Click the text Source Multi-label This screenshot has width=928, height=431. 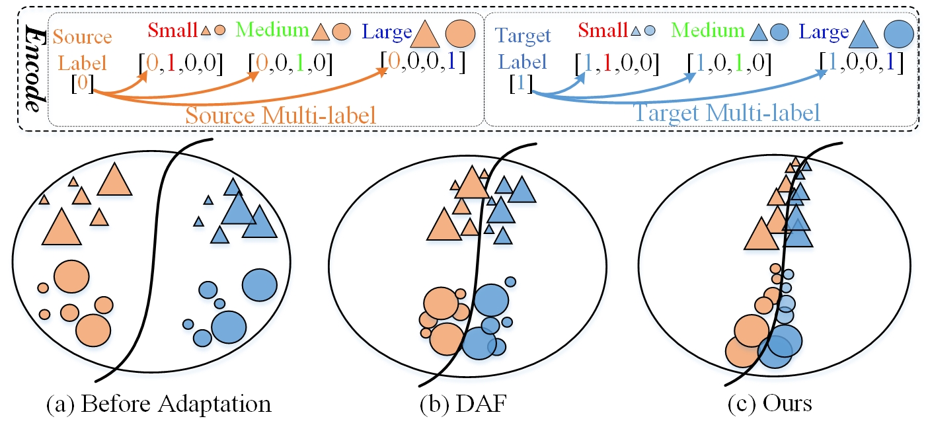pyautogui.click(x=281, y=114)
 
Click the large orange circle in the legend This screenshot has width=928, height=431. pyautogui.click(x=461, y=32)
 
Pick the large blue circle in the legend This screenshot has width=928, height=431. pyautogui.click(x=899, y=32)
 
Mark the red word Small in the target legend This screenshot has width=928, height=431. pyautogui.click(x=601, y=30)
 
